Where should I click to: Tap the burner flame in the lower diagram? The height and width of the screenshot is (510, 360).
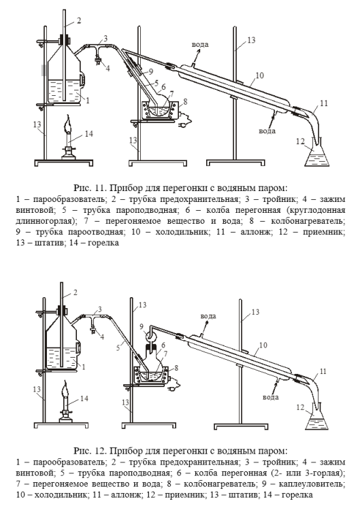(65, 390)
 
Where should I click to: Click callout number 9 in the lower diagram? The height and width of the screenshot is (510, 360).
(142, 326)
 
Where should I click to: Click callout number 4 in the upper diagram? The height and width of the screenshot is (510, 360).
(108, 68)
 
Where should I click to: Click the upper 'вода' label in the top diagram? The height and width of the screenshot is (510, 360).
(200, 45)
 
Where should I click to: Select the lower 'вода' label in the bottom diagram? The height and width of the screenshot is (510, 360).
(270, 397)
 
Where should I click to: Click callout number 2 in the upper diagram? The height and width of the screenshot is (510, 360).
(79, 20)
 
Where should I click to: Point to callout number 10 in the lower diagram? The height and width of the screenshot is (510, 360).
(263, 345)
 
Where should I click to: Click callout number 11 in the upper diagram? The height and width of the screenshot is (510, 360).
(323, 103)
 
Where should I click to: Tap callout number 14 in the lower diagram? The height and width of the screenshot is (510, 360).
(84, 398)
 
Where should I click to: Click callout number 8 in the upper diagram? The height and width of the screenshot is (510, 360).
(185, 102)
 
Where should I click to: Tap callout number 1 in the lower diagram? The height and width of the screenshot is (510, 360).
(83, 367)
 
